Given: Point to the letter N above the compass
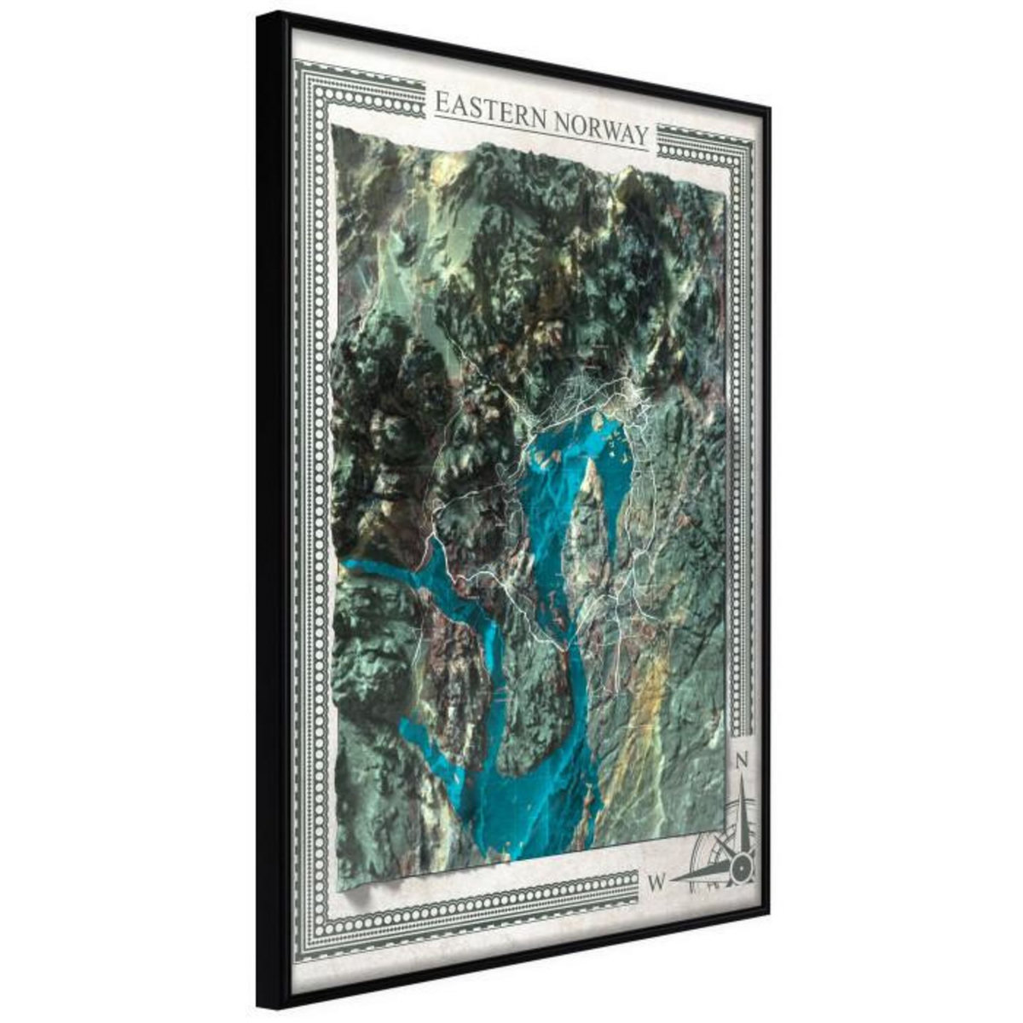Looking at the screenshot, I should [743, 759].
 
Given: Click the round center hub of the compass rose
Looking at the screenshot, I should [742, 868].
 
